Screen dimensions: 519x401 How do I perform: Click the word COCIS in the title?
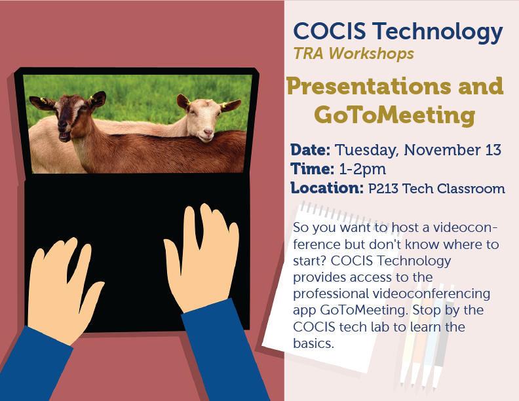[x=330, y=31]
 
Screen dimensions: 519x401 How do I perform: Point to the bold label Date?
[x=310, y=150]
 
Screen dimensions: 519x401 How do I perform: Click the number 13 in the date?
[x=493, y=150]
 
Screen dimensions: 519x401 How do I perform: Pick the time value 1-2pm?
[x=362, y=170]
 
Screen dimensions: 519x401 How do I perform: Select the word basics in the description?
[x=312, y=343]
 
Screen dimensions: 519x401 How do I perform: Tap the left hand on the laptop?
[x=63, y=291]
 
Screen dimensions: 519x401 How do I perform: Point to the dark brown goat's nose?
[x=63, y=126]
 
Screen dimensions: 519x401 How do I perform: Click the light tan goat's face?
[x=202, y=119]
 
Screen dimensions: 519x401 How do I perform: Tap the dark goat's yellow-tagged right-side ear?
[x=97, y=99]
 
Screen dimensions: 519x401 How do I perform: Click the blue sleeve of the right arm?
[x=224, y=351]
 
